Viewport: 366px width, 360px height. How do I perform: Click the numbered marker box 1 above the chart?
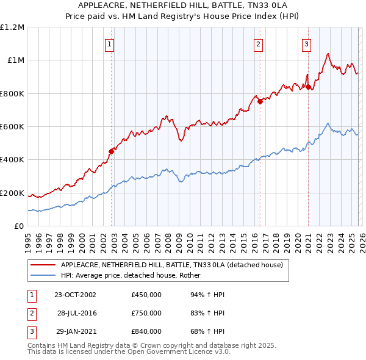point(109,43)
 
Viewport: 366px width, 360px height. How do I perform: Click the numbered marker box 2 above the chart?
point(258,43)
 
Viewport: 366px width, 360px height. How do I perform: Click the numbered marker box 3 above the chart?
point(306,43)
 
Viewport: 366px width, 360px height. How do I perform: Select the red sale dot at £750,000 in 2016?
point(260,101)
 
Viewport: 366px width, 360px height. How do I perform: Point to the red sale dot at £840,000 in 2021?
point(309,87)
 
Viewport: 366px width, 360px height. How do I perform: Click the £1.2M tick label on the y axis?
point(12,27)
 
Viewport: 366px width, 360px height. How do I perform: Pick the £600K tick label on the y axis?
point(12,127)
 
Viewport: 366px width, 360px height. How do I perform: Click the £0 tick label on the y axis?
point(20,226)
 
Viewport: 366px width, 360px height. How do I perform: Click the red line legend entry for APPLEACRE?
point(171,265)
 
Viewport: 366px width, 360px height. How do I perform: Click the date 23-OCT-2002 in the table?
point(75,295)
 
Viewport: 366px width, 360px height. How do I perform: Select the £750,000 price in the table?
point(146,313)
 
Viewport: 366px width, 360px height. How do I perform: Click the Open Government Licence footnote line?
point(129,352)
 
